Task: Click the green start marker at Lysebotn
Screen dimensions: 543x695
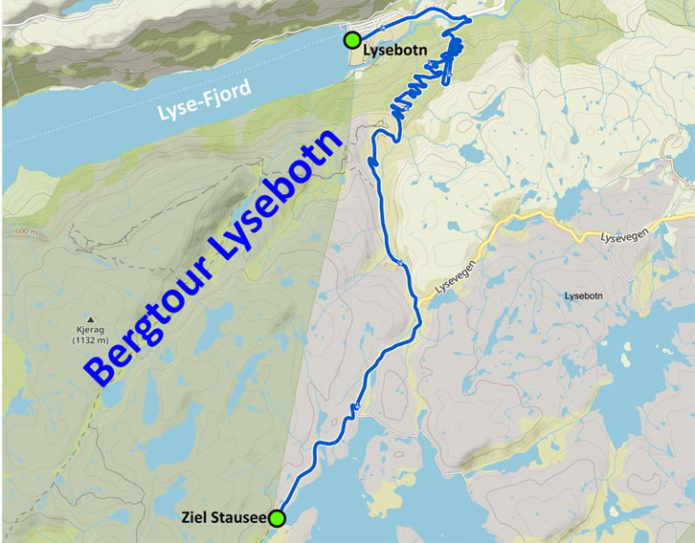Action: pyautogui.click(x=352, y=40)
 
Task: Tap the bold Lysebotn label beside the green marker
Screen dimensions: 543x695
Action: pyautogui.click(x=395, y=43)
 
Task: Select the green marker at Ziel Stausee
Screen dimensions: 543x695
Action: pyautogui.click(x=277, y=518)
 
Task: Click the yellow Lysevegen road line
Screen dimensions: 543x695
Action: pyautogui.click(x=536, y=226)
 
